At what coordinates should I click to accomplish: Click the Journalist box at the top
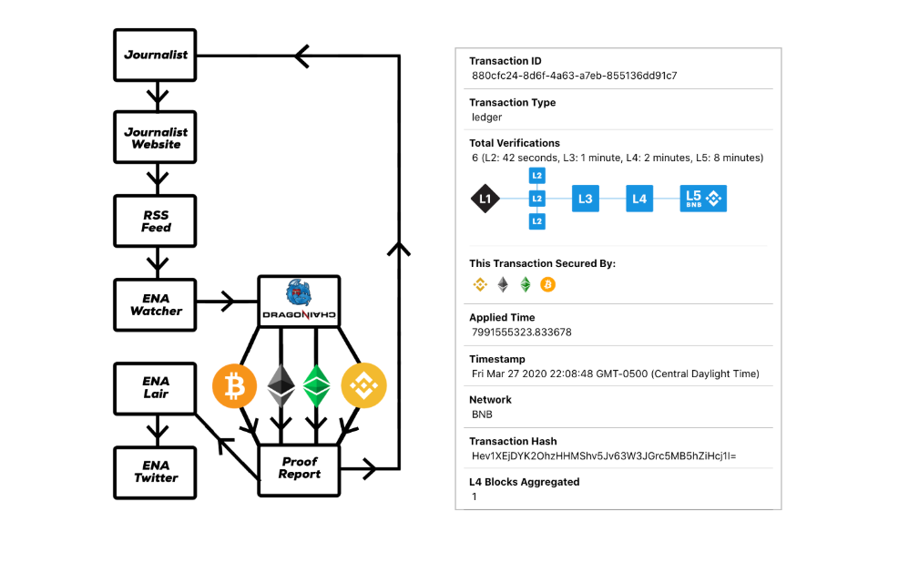155,55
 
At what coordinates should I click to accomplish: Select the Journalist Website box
155,138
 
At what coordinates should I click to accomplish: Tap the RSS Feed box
155,220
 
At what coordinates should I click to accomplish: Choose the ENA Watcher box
155,305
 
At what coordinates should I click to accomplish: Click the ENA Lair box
155,388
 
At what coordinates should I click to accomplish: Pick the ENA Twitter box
155,473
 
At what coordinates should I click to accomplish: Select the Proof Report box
299,470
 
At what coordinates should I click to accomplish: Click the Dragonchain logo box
299,302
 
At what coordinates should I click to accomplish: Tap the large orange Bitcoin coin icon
234,385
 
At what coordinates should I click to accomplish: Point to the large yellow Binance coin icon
363,385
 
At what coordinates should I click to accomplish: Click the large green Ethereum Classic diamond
317,385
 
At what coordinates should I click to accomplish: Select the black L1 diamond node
485,199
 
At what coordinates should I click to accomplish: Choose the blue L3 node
586,199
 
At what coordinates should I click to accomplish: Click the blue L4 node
639,199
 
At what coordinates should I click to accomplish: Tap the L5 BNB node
703,199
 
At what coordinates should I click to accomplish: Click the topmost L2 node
536,176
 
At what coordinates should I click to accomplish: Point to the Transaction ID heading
506,61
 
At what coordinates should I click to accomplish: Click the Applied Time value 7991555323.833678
522,333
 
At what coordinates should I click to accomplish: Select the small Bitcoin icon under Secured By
547,285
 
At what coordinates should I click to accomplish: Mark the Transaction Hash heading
513,441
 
